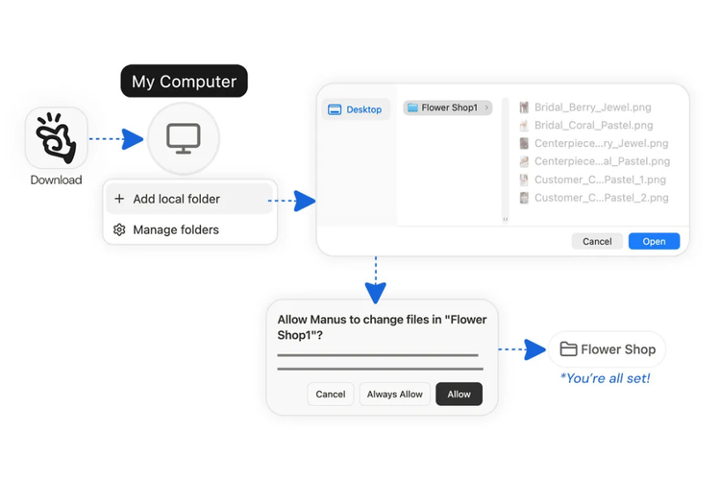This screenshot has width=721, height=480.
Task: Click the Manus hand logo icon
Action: click(x=56, y=138)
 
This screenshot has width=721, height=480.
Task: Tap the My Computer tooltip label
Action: click(x=184, y=81)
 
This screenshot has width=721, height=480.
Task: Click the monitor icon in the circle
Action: click(x=184, y=138)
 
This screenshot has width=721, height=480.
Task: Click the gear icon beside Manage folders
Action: click(x=119, y=229)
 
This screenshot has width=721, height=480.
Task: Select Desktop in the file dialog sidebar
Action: click(x=356, y=109)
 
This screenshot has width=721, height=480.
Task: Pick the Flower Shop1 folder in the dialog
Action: click(x=448, y=108)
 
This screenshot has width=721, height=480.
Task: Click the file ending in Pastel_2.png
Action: click(x=594, y=198)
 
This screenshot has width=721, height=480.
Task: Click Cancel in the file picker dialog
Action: click(x=597, y=241)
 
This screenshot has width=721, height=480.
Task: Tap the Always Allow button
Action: click(x=394, y=395)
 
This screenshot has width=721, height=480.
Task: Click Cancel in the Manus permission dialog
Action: click(x=330, y=395)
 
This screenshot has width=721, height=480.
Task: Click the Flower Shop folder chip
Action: click(x=607, y=349)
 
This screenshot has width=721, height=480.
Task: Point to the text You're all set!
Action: click(x=605, y=378)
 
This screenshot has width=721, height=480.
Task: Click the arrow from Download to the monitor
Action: click(x=116, y=138)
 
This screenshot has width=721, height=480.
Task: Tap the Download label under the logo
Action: click(x=56, y=180)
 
